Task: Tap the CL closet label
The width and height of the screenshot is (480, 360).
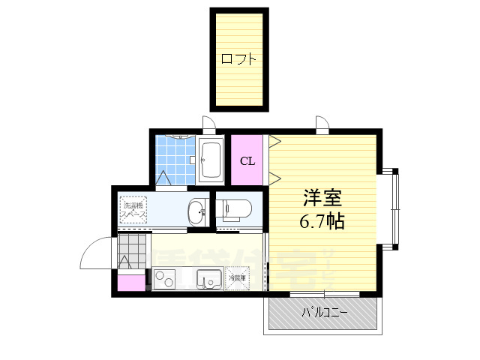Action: point(247,160)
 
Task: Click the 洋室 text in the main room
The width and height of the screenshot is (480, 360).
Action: point(322,199)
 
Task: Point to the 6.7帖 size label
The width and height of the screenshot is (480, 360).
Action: point(322,223)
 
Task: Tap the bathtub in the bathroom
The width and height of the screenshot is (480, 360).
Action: point(211,160)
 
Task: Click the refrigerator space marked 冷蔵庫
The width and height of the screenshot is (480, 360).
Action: point(238,278)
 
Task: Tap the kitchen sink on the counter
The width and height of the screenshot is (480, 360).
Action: point(208,280)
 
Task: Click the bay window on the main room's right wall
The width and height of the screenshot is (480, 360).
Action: point(392,208)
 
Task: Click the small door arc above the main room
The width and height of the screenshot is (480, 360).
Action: point(322,124)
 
